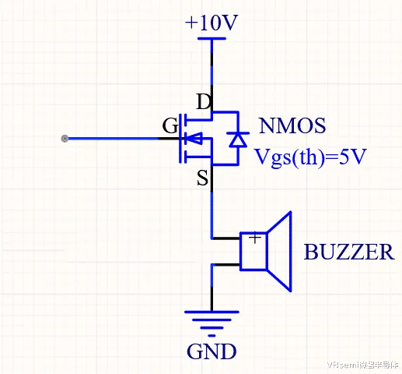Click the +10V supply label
[211, 23]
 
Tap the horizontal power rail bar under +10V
[211, 39]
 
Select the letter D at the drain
[204, 101]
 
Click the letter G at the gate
[170, 125]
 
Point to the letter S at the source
[202, 178]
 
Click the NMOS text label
[292, 125]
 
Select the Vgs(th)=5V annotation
[310, 157]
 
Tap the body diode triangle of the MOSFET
[238, 139]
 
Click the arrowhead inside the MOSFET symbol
[194, 138]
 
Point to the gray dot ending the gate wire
[65, 139]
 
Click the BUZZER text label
[349, 252]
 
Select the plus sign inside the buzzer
[255, 238]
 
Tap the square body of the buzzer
[253, 252]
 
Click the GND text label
[211, 351]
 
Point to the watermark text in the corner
[362, 365]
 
